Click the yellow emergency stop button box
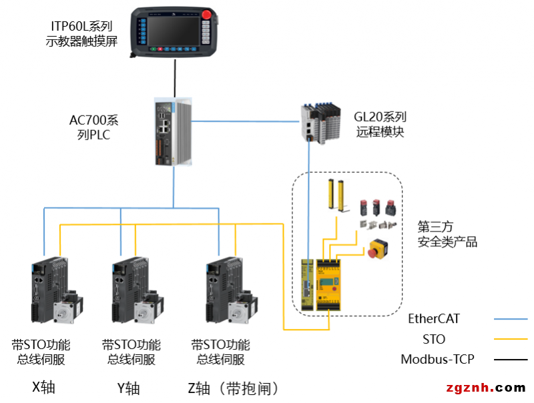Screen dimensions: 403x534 pyautogui.click(x=378, y=249)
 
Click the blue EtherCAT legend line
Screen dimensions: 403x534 pyautogui.click(x=510, y=319)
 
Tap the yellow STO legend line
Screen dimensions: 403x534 pyautogui.click(x=510, y=340)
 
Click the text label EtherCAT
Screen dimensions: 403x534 pyautogui.click(x=434, y=319)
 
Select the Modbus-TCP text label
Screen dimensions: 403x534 pyautogui.click(x=437, y=360)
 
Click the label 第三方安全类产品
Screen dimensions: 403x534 pyautogui.click(x=447, y=234)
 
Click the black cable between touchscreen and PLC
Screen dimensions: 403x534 pyautogui.click(x=175, y=77)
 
